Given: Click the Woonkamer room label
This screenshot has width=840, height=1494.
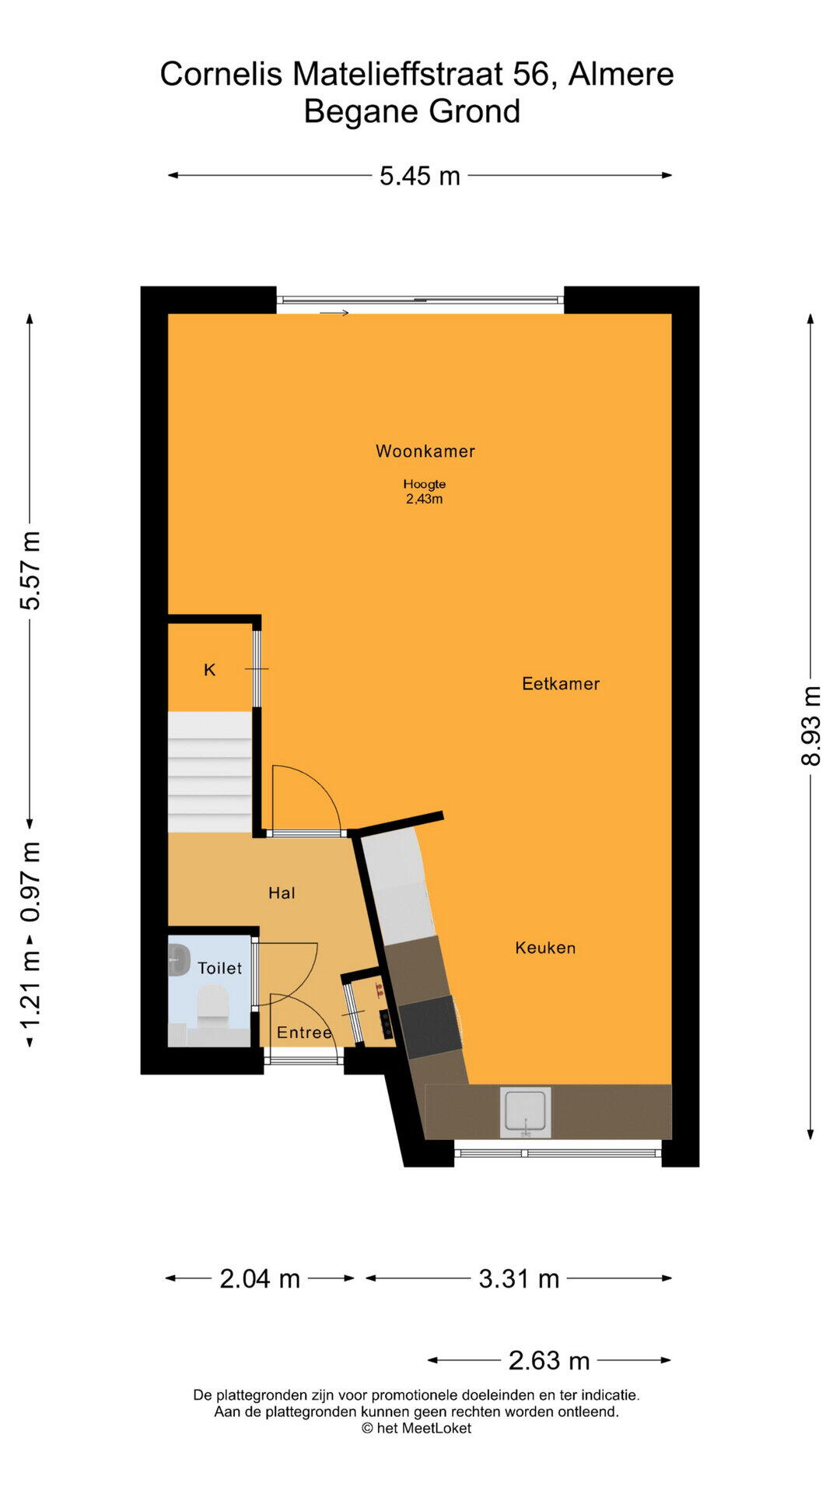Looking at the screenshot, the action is [425, 451].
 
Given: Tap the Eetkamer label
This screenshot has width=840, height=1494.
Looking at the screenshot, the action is [561, 684].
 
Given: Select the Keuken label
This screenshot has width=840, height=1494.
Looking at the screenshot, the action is [545, 948].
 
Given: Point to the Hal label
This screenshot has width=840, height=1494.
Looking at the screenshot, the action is [282, 893].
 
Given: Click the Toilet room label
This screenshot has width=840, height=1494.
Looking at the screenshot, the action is [219, 968].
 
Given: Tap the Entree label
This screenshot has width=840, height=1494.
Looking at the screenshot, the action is [304, 1033].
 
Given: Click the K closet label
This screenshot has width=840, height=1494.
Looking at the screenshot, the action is [209, 670].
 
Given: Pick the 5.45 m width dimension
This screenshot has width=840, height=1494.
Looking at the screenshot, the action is [420, 176].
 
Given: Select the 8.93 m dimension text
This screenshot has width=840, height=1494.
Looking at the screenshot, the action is [810, 726].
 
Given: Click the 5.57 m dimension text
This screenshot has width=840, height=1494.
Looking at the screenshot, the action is [30, 570].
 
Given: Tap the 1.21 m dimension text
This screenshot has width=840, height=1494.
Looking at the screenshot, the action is [30, 990].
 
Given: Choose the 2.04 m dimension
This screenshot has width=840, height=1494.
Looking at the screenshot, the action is [260, 1278].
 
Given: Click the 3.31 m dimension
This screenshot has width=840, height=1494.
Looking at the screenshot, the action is [519, 1278].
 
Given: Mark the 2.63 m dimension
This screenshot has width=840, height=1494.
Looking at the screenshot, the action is [549, 1360].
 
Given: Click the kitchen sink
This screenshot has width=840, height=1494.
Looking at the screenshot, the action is [525, 1112].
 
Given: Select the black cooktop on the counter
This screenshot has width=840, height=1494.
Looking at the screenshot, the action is [430, 1026].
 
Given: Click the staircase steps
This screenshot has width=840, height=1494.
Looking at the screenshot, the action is [210, 772].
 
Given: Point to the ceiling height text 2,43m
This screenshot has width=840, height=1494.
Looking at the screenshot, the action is [424, 500].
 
